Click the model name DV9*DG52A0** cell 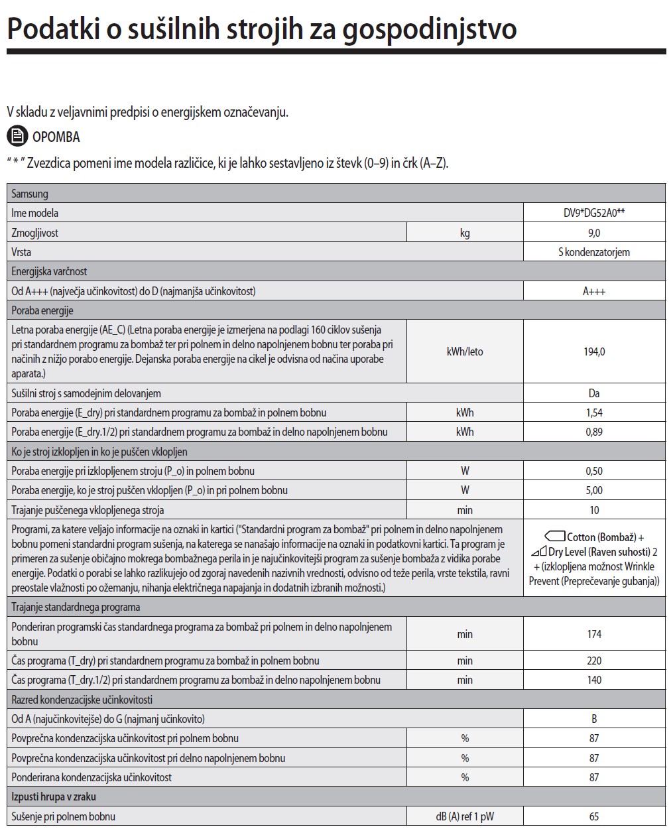click(x=594, y=213)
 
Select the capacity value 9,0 click(x=594, y=233)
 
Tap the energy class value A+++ click(x=594, y=291)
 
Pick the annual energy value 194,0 click(x=594, y=352)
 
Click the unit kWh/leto click(x=465, y=352)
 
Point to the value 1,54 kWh click(x=594, y=413)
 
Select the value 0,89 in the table click(x=594, y=432)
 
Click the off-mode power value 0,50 click(x=594, y=471)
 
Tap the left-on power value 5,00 click(x=594, y=490)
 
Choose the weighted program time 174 click(x=594, y=634)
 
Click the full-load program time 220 click(x=594, y=661)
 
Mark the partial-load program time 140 click(x=594, y=680)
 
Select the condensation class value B click(x=594, y=719)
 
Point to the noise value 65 click(x=594, y=816)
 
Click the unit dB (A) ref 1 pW click(x=465, y=816)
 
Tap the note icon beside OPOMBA click(x=17, y=137)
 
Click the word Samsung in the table click(x=30, y=194)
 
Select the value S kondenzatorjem click(x=594, y=252)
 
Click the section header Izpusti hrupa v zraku click(x=54, y=797)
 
